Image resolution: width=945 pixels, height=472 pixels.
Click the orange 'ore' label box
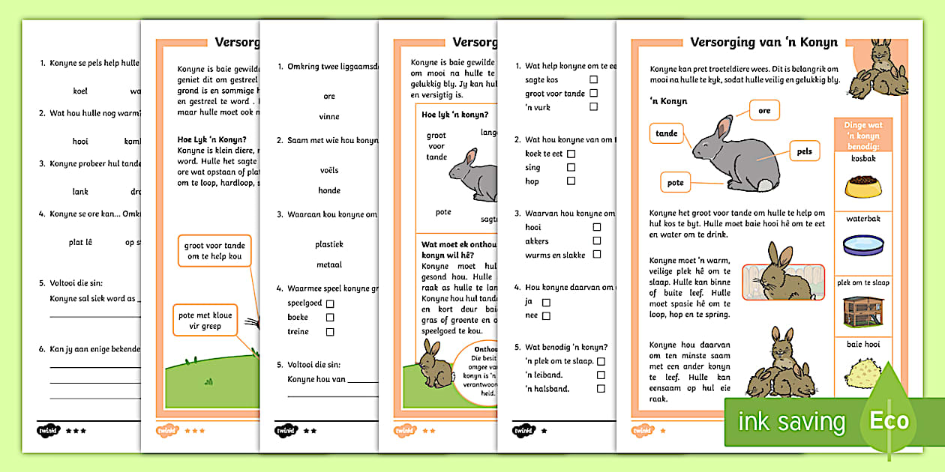[764, 111]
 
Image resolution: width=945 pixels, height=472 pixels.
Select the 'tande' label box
[667, 134]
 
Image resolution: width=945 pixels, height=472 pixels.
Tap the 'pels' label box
[804, 151]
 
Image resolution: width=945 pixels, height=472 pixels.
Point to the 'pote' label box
[676, 182]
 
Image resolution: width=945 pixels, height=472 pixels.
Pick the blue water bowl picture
[862, 245]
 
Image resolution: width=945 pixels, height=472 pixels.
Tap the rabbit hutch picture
[862, 309]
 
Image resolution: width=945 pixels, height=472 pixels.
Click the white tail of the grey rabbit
[763, 185]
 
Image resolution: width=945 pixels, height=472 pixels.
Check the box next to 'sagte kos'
[593, 79]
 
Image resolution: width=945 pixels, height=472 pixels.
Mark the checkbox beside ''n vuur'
[593, 106]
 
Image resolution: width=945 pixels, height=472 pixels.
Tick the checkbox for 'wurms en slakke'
[597, 254]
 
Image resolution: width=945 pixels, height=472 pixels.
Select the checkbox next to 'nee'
[546, 316]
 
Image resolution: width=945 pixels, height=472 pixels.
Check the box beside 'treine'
[329, 332]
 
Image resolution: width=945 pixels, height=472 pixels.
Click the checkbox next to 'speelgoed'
[329, 303]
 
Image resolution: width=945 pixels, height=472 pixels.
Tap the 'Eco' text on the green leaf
[889, 421]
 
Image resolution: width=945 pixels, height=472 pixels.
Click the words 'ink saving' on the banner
[791, 422]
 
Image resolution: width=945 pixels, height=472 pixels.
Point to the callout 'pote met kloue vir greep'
[205, 321]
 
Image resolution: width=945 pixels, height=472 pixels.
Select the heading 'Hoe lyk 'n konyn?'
[454, 115]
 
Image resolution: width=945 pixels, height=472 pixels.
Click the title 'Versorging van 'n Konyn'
[763, 42]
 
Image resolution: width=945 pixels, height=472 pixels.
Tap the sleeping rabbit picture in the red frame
[783, 282]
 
